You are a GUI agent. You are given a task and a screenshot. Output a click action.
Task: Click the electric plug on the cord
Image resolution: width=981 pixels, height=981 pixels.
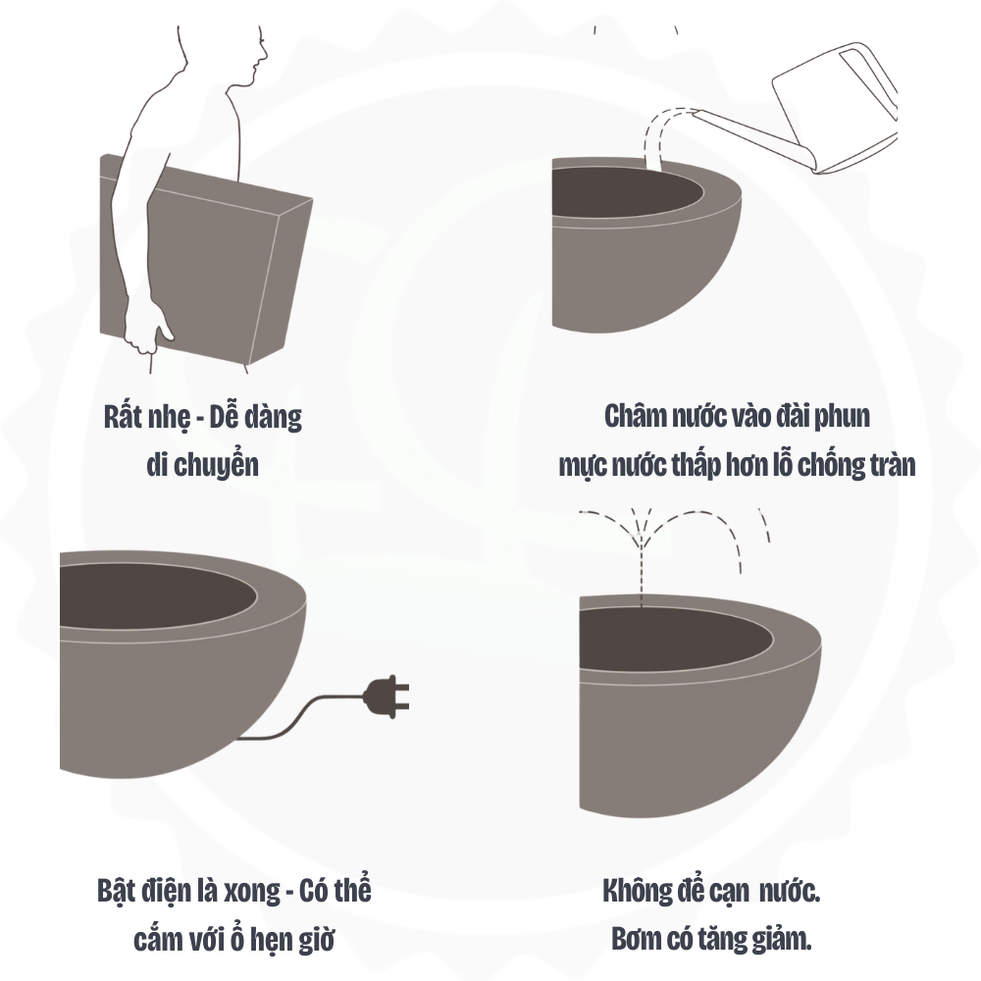click(386, 697)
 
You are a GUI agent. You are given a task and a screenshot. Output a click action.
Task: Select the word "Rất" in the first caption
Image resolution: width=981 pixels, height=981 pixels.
click(123, 417)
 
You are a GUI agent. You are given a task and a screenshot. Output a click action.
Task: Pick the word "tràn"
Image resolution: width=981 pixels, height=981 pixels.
click(890, 465)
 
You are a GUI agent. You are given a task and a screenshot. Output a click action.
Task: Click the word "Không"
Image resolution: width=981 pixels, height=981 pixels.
click(637, 891)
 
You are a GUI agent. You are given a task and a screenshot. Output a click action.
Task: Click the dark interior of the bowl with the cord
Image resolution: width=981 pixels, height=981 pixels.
click(156, 595)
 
